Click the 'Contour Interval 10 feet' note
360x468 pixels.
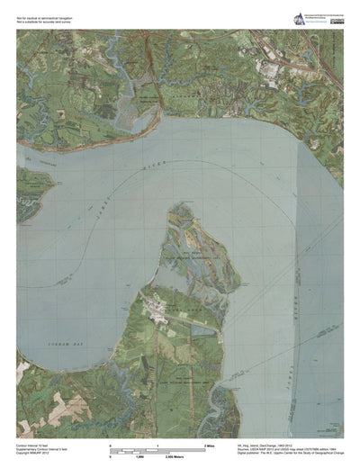pyautogui.click(x=35, y=443)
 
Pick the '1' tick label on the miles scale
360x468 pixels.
pyautogui.click(x=158, y=445)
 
